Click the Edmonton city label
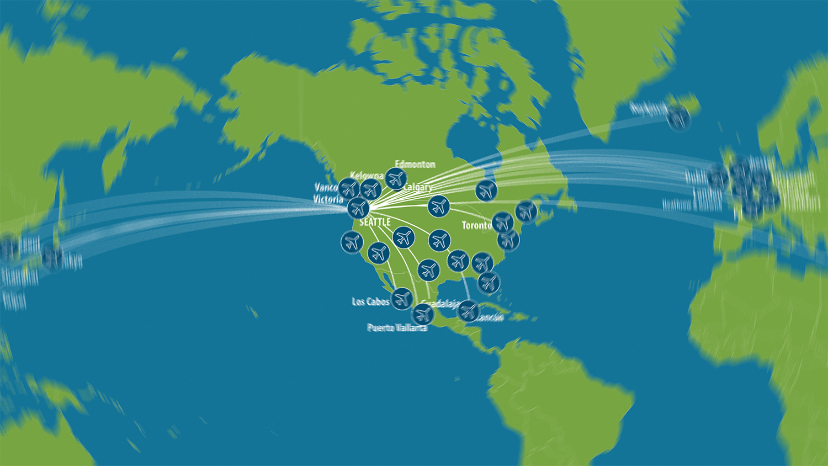[x=415, y=164]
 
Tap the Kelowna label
[x=367, y=176]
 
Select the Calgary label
[x=418, y=187]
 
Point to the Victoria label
[x=328, y=199]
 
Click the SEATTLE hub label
[x=375, y=222]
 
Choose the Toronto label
[x=476, y=225]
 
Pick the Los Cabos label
[x=370, y=302]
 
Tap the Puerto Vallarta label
[x=397, y=328]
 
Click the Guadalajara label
[x=440, y=305]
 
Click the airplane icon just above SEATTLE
[x=358, y=208]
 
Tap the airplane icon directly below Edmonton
[x=396, y=178]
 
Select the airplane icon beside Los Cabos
[x=402, y=299]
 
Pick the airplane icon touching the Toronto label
[x=502, y=223]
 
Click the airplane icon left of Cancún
[x=468, y=311]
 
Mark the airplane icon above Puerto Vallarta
[x=423, y=314]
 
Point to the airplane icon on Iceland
[x=678, y=118]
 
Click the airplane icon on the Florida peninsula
[x=488, y=282]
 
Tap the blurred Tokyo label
[x=73, y=260]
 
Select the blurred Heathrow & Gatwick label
[x=692, y=204]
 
